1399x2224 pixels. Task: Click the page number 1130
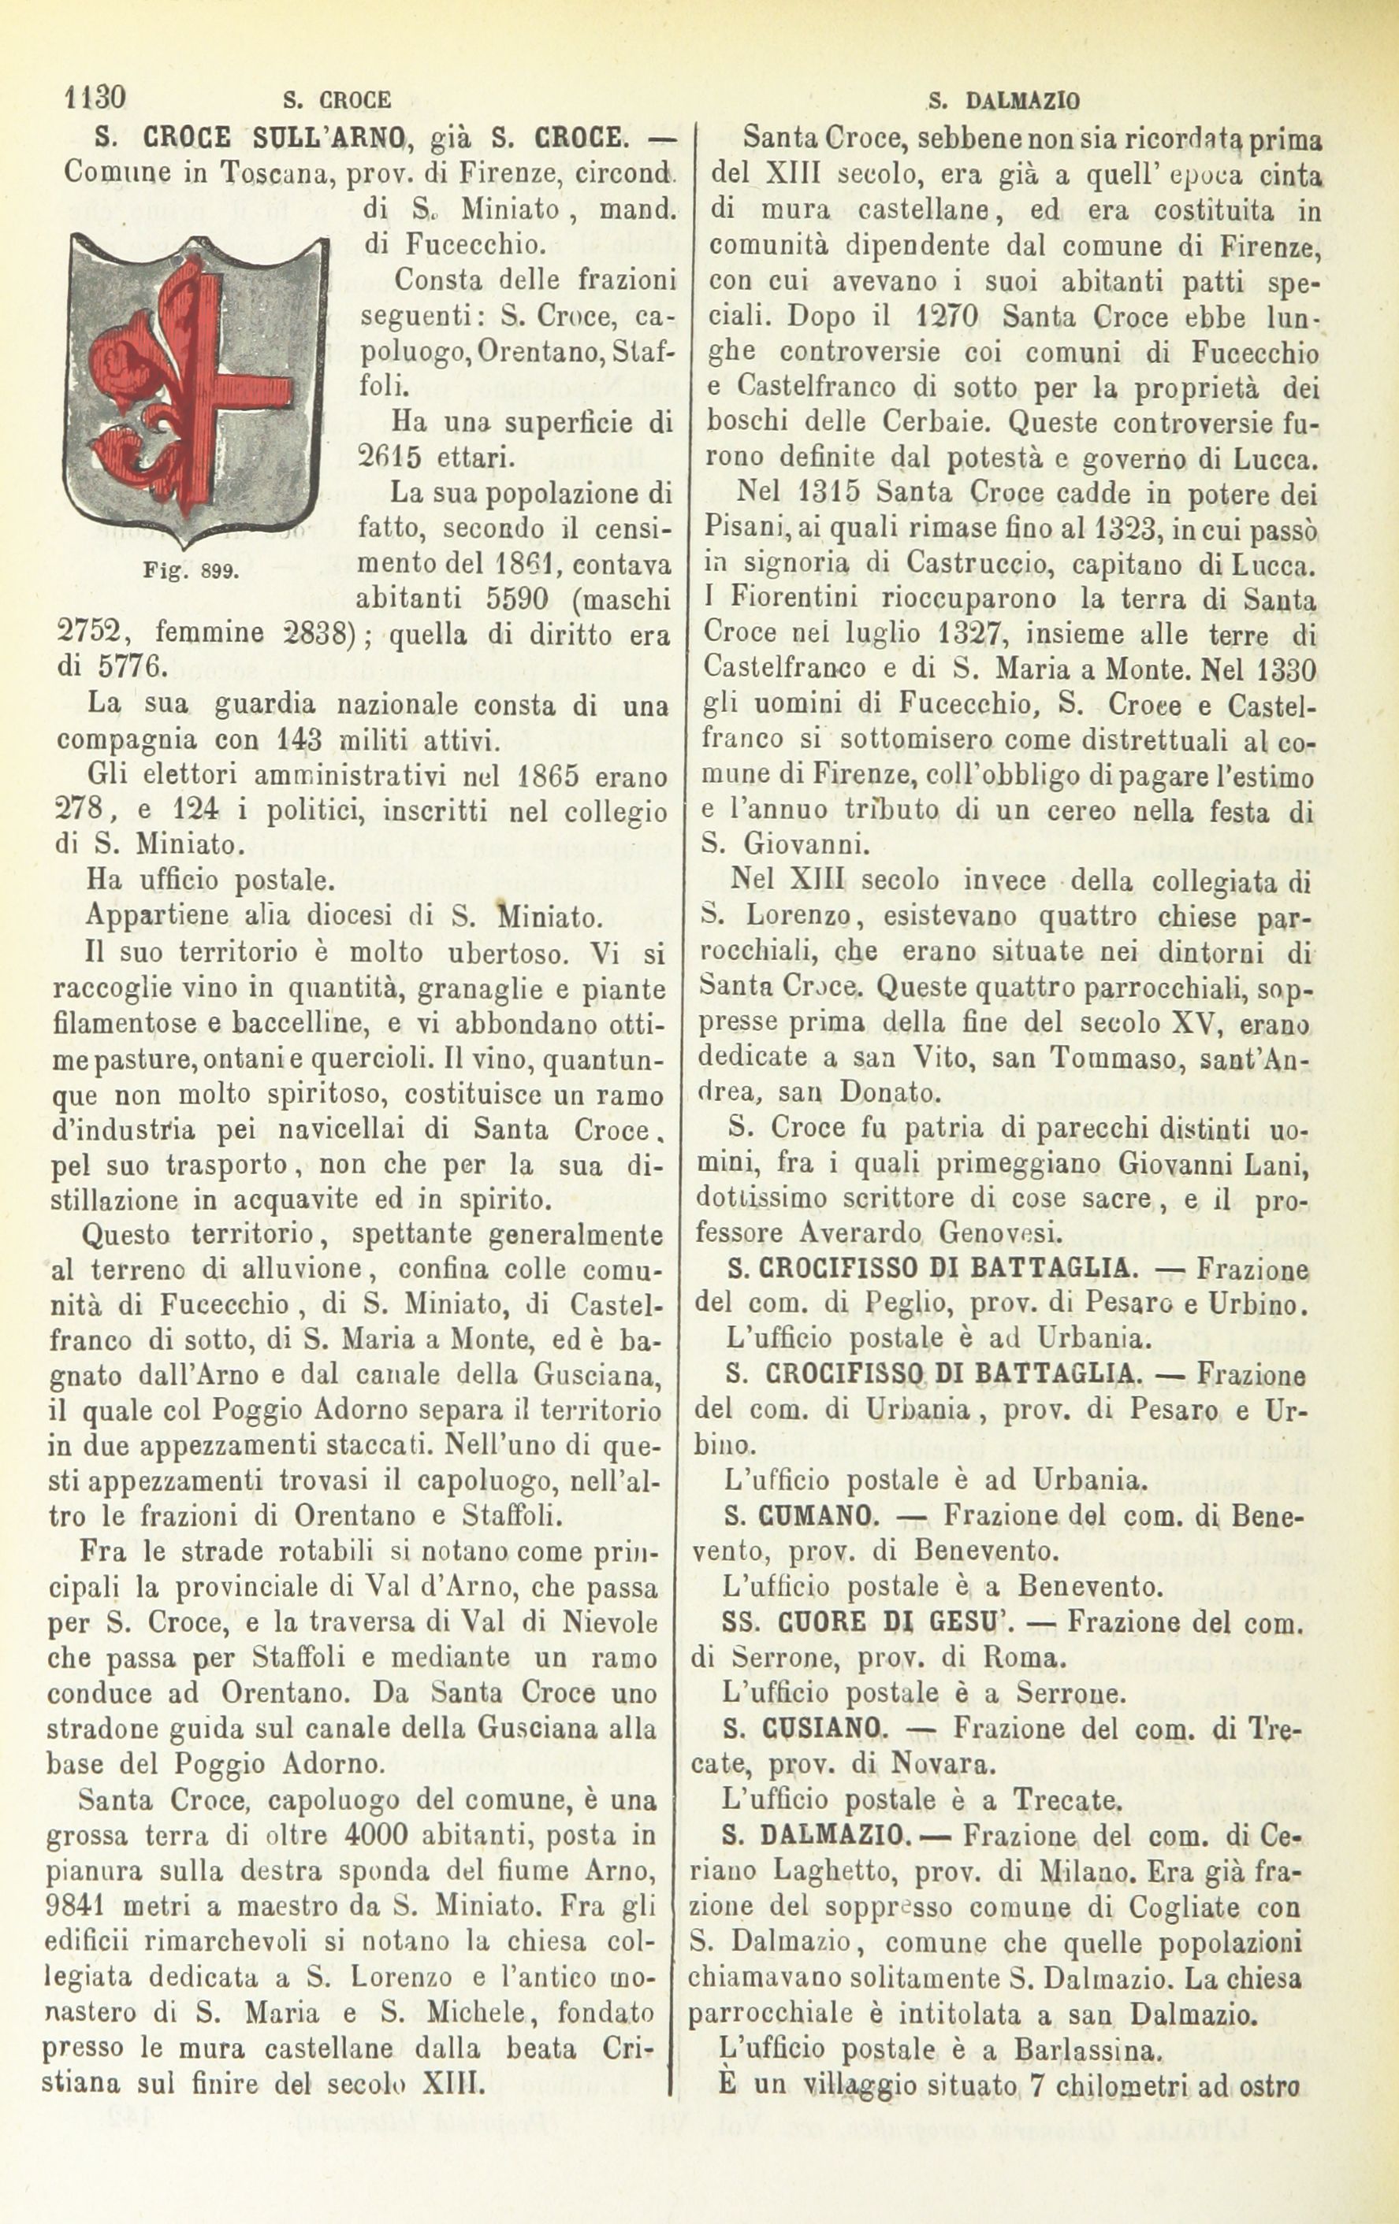coord(95,97)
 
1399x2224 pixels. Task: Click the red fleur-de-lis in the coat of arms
coord(176,369)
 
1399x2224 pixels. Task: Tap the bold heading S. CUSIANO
coord(806,1727)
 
